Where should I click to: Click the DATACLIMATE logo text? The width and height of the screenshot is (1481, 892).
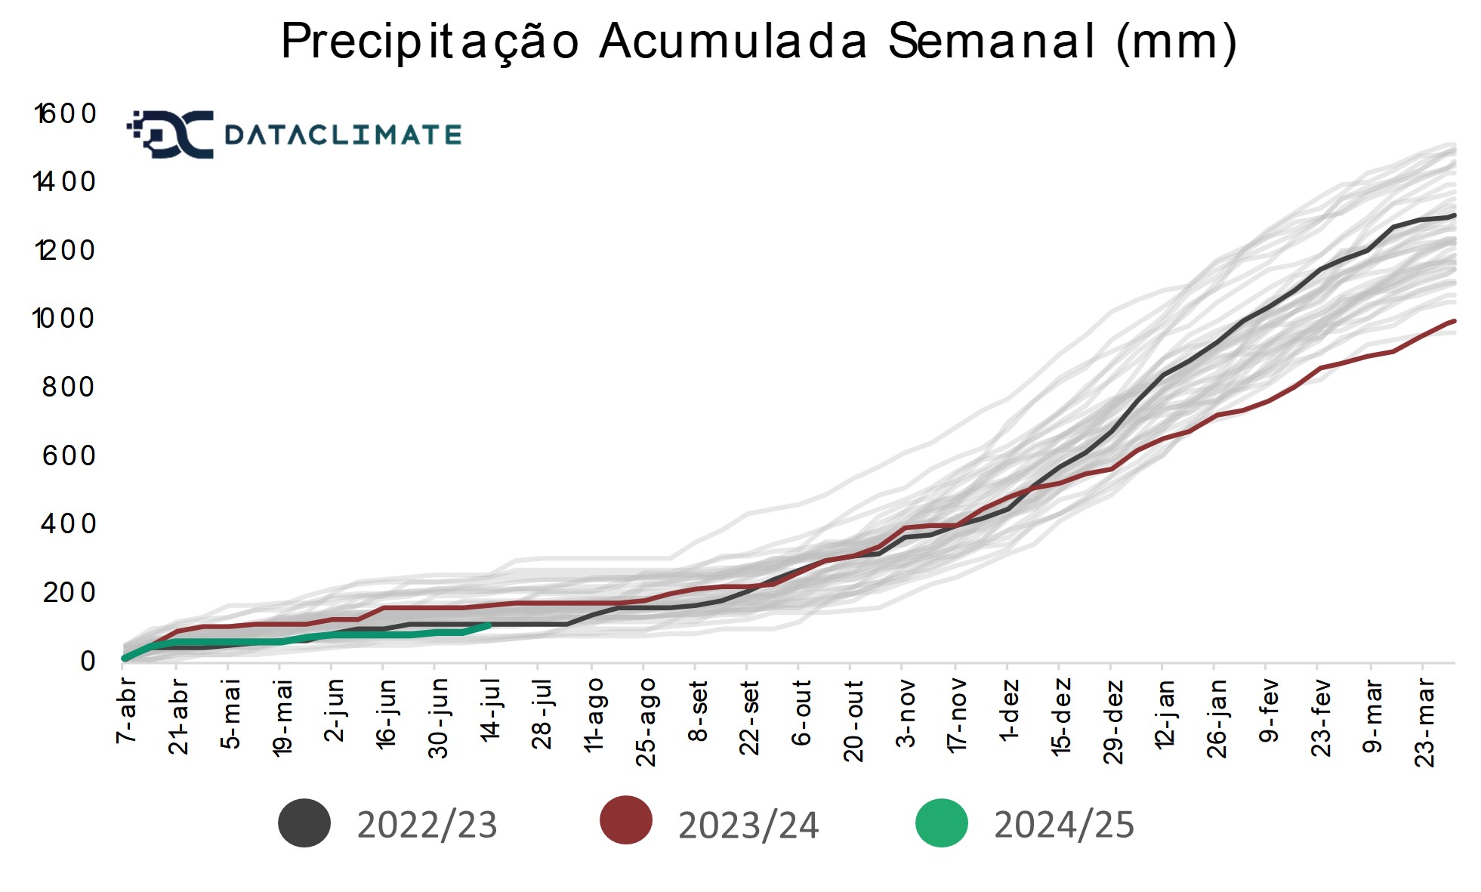343,135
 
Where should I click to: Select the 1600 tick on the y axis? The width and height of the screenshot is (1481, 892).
66,114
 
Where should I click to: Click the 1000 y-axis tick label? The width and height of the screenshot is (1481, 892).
65,319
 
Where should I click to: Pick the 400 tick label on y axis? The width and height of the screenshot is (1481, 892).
69,523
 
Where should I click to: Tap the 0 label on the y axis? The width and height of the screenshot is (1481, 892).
88,661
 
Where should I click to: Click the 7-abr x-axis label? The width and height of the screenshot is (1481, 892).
126,710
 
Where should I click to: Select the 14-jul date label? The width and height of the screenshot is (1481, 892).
490,710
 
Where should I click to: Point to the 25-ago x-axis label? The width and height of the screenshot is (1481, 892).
646,721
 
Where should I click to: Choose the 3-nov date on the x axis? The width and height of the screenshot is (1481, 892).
906,713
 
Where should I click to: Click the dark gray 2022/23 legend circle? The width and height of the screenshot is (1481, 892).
304,823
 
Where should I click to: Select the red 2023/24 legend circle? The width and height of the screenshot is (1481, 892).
626,820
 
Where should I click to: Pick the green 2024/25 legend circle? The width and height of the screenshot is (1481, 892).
941,823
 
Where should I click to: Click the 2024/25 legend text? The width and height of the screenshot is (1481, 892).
1063,825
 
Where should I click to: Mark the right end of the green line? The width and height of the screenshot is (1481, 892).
490,625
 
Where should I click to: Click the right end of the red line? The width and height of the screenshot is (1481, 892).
1454,321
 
